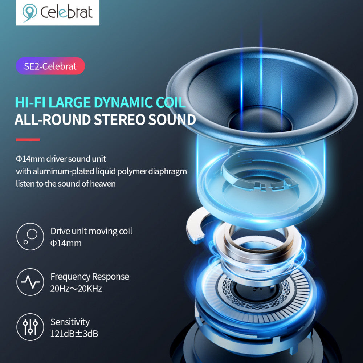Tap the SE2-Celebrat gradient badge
point(50,66)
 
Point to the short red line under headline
point(28,140)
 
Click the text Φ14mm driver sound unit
point(61,159)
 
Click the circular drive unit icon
point(30,237)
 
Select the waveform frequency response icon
point(30,282)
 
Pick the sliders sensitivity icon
point(30,327)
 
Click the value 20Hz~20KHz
point(76,289)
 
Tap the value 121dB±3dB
point(74,334)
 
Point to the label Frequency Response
point(90,277)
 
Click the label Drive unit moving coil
point(91,231)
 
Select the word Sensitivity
point(70,322)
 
